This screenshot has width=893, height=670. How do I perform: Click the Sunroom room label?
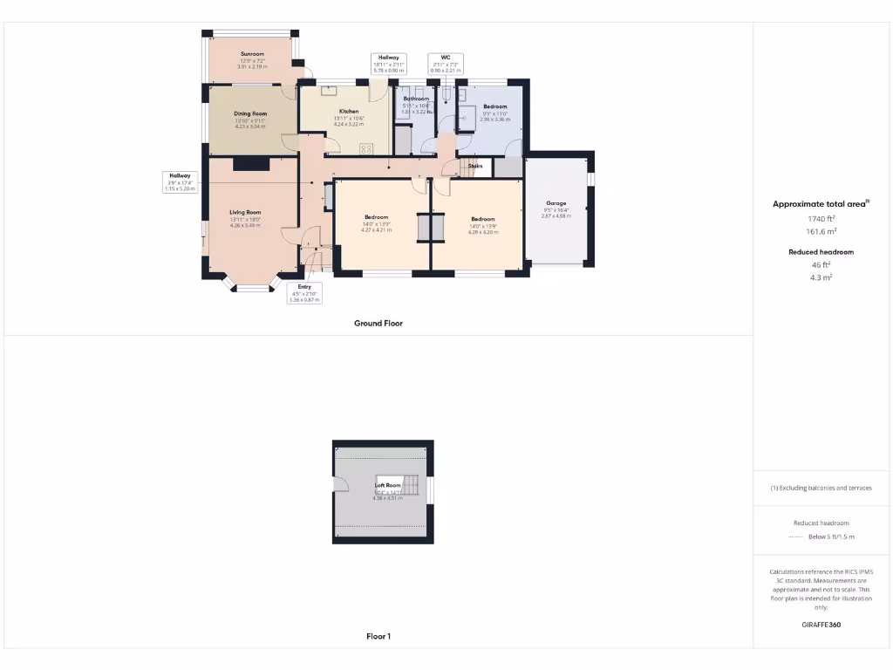point(252,53)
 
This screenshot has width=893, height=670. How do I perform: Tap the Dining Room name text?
point(250,113)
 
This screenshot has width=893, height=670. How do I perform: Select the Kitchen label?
point(349,112)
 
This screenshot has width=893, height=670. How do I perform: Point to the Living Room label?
point(245,212)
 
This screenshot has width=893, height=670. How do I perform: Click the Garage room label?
point(556,203)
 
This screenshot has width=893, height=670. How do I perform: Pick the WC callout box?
point(446,63)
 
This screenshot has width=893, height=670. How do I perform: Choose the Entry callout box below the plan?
point(304,293)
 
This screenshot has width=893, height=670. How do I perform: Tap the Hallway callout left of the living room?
point(181,181)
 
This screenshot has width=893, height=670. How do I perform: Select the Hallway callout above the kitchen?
point(389,63)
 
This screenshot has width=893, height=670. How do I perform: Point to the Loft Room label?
point(388,485)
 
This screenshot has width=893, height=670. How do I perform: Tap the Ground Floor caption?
point(378,323)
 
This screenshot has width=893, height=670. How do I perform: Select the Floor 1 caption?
point(378,636)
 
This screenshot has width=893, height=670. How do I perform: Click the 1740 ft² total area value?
point(821,218)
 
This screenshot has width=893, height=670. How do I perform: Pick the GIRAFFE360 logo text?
point(821,625)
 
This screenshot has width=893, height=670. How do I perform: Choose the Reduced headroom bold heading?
point(821,252)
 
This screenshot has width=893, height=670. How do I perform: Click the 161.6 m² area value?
point(821,231)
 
